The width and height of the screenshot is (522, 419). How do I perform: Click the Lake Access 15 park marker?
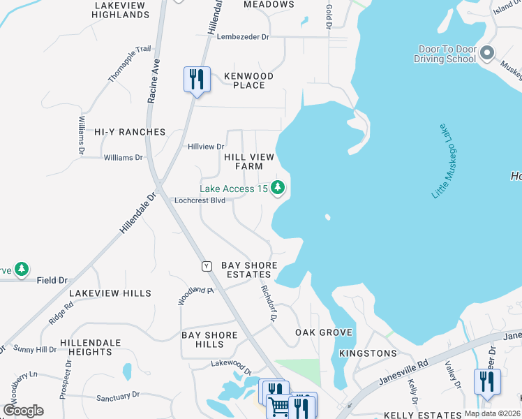pyautogui.click(x=278, y=188)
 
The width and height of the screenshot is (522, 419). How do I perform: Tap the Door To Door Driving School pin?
pyautogui.click(x=487, y=54)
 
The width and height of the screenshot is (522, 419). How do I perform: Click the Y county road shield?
pyautogui.click(x=207, y=266)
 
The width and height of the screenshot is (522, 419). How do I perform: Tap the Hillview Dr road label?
pyautogui.click(x=206, y=147)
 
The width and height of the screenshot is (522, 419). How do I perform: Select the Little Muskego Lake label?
pyautogui.click(x=447, y=161)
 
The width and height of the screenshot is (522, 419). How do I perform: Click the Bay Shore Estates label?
pyautogui.click(x=249, y=270)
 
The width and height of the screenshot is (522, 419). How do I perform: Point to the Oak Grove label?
pyautogui.click(x=324, y=332)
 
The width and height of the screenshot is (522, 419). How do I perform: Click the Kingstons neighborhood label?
pyautogui.click(x=368, y=353)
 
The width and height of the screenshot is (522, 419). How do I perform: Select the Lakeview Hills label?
pyautogui.click(x=110, y=293)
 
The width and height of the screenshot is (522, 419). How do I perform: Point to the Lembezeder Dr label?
pyautogui.click(x=243, y=37)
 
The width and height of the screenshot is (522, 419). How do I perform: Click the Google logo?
pyautogui.click(x=24, y=411)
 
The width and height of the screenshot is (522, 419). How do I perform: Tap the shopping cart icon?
pyautogui.click(x=278, y=406)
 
